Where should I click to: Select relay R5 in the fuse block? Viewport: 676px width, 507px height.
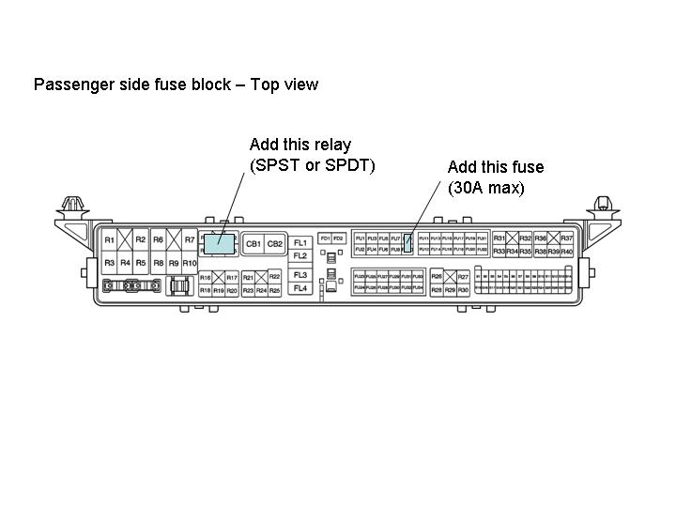click(x=141, y=263)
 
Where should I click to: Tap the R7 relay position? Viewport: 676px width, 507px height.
click(x=189, y=240)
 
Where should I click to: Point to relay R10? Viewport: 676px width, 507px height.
click(x=190, y=263)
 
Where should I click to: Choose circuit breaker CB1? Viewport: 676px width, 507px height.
click(x=253, y=244)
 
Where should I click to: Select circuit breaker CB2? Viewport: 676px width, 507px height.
click(x=274, y=244)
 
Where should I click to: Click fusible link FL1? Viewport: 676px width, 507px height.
click(x=300, y=243)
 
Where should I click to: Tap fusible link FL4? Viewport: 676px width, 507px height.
click(x=300, y=288)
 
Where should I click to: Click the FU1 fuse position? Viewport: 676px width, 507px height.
click(x=360, y=238)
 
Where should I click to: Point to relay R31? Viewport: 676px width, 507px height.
click(x=499, y=238)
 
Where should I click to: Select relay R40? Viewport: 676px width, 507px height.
click(x=566, y=252)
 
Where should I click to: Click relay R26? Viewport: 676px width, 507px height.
click(x=437, y=277)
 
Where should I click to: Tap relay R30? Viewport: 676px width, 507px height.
click(x=463, y=291)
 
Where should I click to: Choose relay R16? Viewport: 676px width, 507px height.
click(x=205, y=278)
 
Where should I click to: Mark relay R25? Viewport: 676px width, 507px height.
click(x=274, y=291)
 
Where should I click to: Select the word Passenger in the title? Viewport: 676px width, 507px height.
click(x=69, y=84)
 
